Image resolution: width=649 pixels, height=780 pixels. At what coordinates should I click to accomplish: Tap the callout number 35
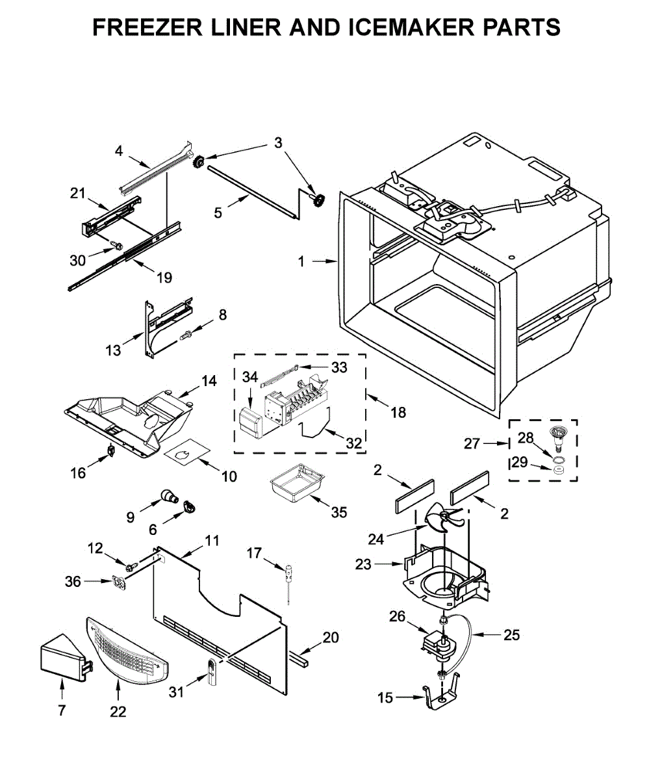point(339,512)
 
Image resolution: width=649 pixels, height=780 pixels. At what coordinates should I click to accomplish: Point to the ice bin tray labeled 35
point(297,483)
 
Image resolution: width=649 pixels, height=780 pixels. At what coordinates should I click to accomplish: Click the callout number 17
point(254,553)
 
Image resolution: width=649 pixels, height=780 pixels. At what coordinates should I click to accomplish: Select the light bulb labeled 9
point(170,497)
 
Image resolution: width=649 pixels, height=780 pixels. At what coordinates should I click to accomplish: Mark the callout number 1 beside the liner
point(301,262)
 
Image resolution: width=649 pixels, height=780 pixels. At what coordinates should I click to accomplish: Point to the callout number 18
point(398,412)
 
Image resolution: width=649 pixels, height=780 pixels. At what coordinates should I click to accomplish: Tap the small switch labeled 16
point(111,451)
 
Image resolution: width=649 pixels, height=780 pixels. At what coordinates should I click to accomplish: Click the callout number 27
point(472,443)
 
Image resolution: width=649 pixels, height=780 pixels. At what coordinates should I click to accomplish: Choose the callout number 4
point(119,151)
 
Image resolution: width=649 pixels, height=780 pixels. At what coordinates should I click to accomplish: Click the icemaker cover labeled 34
point(251,422)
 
